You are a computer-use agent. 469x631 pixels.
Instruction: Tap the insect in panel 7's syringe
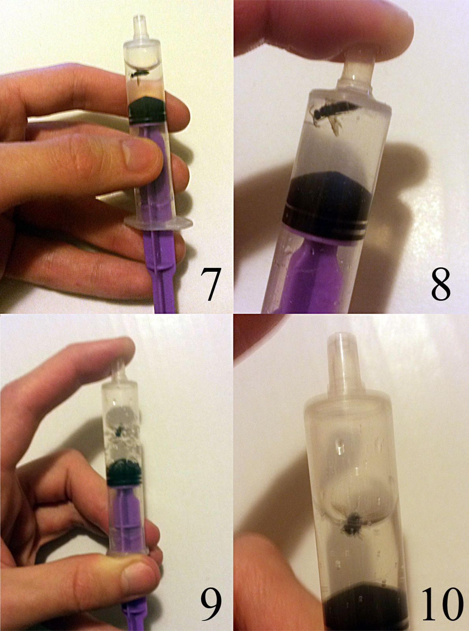point(139,75)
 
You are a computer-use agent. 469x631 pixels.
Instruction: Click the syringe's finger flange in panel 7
point(158,222)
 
